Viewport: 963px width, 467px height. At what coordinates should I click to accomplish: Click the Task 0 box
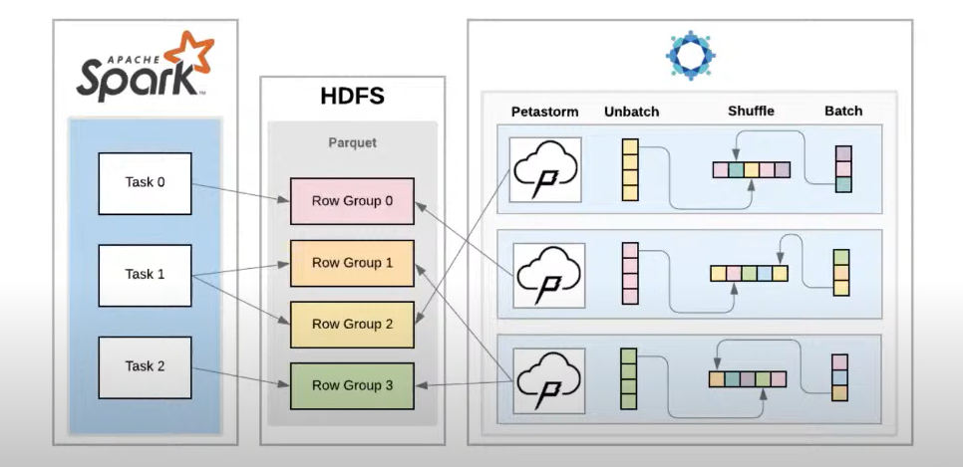145,183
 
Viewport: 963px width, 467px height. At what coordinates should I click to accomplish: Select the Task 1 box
145,275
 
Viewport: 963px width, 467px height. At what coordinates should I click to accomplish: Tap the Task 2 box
145,367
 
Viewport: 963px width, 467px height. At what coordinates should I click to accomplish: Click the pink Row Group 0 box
351,201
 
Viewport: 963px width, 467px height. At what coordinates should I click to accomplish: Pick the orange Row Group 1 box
351,263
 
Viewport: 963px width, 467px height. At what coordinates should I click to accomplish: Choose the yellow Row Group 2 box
351,325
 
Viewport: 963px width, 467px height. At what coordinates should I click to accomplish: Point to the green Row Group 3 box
351,386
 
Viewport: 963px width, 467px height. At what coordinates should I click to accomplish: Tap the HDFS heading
352,97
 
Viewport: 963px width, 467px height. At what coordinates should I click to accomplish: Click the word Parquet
352,142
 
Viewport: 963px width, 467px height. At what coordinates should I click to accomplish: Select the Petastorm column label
544,111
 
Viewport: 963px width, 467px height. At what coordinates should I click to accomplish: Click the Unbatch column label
631,111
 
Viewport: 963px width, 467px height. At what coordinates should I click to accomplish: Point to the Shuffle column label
750,111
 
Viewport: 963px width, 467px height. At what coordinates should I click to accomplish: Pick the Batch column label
843,111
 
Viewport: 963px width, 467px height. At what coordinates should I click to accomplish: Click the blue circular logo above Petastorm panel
690,56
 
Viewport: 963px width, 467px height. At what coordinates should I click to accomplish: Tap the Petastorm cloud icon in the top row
545,170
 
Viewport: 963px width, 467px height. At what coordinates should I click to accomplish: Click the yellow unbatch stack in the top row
629,169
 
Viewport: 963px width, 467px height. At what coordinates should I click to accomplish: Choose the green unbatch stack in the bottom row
629,378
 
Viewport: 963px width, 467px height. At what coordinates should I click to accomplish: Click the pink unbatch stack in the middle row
629,274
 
